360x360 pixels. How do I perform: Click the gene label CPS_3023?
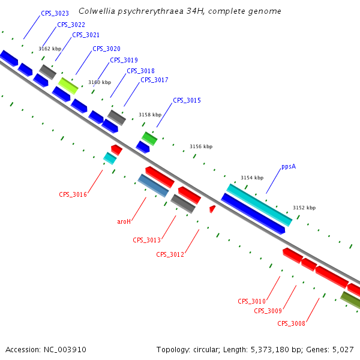pos(55,13)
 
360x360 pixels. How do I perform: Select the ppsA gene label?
pos(289,167)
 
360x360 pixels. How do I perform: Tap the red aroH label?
pos(124,221)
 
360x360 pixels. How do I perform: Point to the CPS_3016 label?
pos(73,194)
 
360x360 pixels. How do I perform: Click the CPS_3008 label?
pos(292,323)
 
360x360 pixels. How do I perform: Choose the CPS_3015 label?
pos(187,100)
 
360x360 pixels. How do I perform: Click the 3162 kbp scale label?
pos(50,49)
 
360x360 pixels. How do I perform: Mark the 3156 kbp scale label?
pos(201,146)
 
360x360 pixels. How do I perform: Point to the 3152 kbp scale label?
pos(304,208)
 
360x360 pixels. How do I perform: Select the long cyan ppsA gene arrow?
pos(259,205)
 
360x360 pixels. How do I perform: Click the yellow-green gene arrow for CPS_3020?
pos(68,85)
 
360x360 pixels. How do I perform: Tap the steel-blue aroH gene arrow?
pos(153,185)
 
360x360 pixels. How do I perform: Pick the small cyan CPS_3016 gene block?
pos(110,158)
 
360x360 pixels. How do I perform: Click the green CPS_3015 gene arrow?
pos(149,139)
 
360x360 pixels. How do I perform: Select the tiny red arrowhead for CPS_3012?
pos(212,209)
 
